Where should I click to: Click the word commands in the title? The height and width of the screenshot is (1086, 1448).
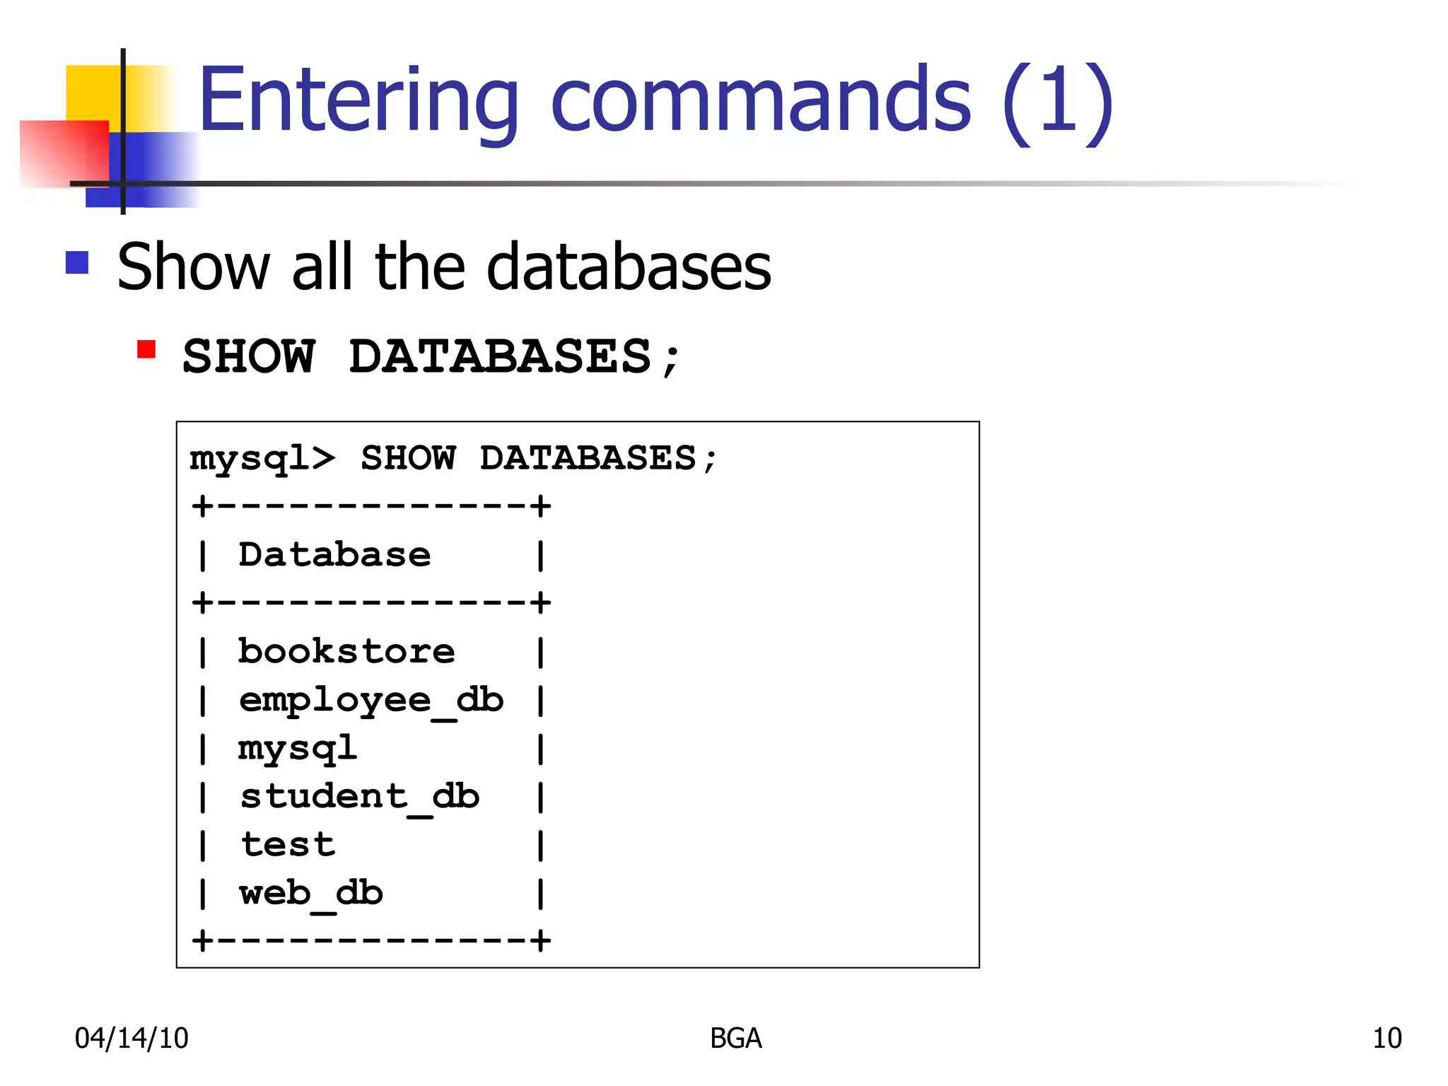(x=760, y=101)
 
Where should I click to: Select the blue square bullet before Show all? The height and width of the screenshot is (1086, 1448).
(x=77, y=263)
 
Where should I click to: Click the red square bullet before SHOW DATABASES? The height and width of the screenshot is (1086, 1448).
(x=146, y=349)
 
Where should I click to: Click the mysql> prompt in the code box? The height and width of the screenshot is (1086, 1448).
(x=262, y=458)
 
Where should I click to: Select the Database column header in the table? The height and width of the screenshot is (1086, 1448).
(x=334, y=554)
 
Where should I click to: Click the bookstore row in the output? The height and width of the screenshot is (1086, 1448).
(x=346, y=651)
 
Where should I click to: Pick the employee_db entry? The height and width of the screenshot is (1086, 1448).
(x=371, y=700)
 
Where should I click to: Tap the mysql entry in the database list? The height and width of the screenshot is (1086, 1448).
(x=298, y=748)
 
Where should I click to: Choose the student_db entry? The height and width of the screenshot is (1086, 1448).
(x=360, y=797)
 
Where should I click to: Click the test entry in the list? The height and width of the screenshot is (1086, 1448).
(x=288, y=845)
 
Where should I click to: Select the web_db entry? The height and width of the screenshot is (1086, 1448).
(x=311, y=893)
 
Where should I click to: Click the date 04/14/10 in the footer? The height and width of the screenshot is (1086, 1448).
(x=132, y=1038)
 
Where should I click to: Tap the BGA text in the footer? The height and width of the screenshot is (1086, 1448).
(x=735, y=1038)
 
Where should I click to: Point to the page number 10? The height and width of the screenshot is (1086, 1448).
(x=1386, y=1038)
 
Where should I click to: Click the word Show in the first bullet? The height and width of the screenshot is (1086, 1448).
(x=193, y=267)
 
